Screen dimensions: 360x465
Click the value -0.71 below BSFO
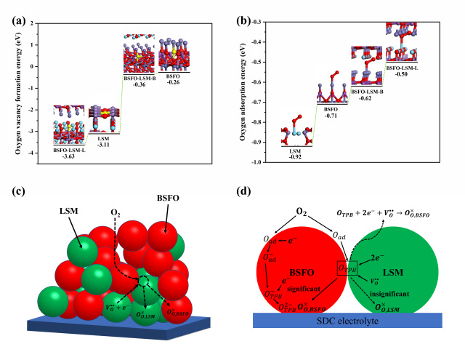(331, 115)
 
